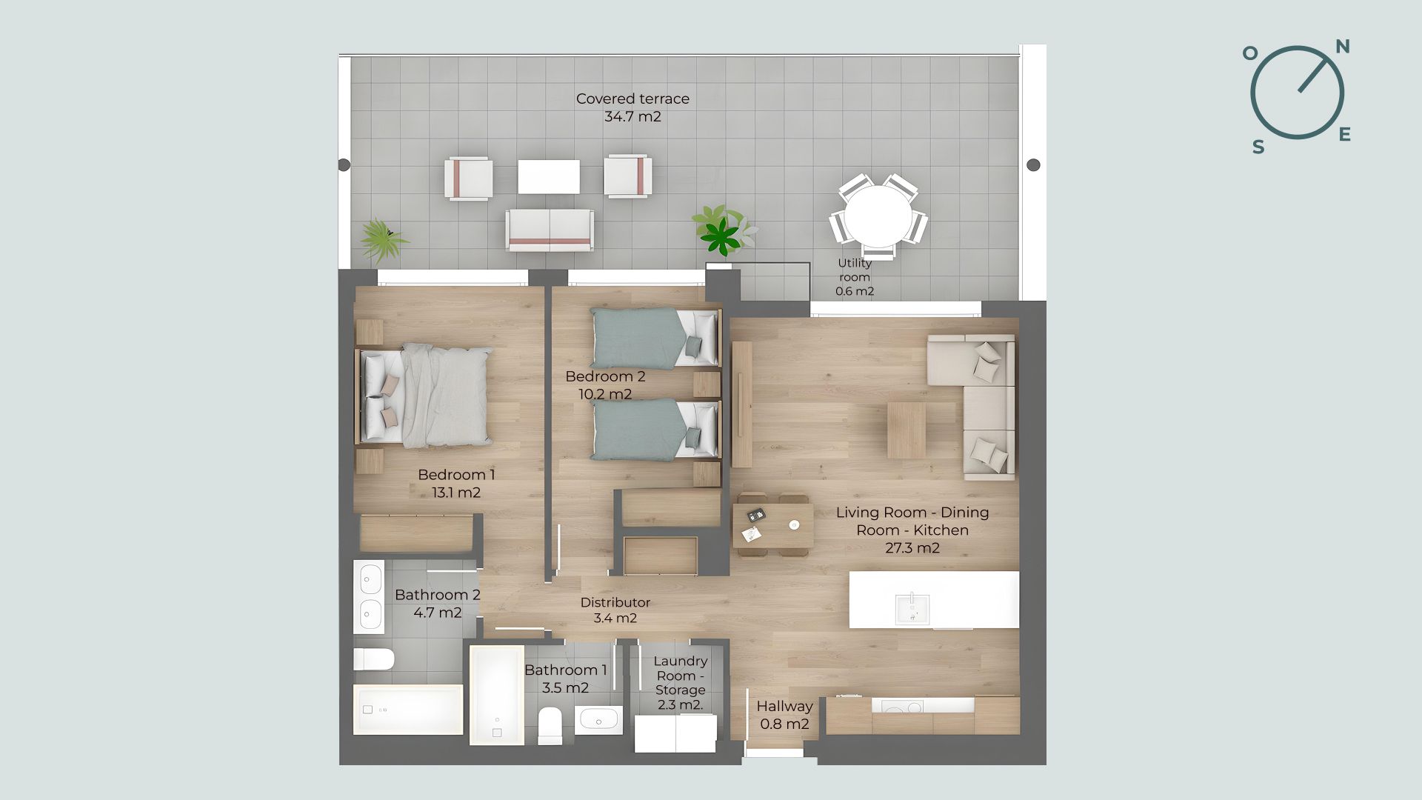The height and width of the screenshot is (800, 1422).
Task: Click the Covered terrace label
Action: tap(632, 107)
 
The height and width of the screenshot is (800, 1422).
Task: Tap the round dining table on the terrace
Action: tap(879, 216)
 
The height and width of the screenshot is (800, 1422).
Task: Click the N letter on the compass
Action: tap(1342, 47)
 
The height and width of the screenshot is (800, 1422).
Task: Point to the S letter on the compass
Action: tap(1258, 147)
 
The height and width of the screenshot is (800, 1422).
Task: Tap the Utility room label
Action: tap(855, 277)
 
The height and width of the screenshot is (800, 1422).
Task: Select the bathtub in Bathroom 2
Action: tap(408, 710)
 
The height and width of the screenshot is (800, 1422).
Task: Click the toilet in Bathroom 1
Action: tap(550, 725)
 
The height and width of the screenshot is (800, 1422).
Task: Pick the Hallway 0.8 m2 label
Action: tap(784, 715)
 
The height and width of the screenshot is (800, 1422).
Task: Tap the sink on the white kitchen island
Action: tap(912, 609)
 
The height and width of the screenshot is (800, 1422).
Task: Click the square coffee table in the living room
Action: tap(907, 430)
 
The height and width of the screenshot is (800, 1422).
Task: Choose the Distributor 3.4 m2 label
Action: tap(615, 610)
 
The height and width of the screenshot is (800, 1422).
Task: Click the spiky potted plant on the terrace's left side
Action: tap(382, 239)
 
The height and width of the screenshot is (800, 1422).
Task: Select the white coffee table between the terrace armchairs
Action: tap(549, 176)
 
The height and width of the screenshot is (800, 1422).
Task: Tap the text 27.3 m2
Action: tap(912, 548)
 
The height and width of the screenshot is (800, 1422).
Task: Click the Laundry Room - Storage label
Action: tap(680, 682)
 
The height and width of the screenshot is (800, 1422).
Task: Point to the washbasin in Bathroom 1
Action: tap(598, 720)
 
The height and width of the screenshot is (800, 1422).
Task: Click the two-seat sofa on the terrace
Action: tap(550, 230)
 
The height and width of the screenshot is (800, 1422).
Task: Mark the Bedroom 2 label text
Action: tap(605, 376)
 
